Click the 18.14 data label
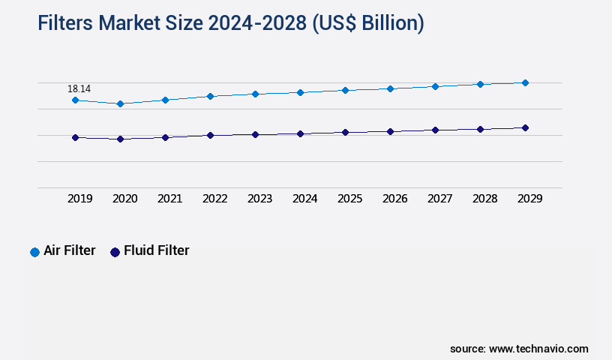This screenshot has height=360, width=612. tap(79, 88)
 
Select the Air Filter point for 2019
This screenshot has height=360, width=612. tap(75, 100)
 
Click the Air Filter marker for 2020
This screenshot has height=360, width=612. tap(120, 103)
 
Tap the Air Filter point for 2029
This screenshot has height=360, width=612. tap(525, 82)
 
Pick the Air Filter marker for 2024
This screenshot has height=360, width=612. tap(300, 92)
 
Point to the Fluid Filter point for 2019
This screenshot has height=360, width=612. tap(75, 137)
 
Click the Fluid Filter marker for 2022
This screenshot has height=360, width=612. tap(210, 135)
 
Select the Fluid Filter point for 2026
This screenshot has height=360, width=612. tap(390, 131)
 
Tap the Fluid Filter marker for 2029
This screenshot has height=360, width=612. tap(525, 127)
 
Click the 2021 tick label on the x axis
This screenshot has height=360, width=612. tap(169, 199)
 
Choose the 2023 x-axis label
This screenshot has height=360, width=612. tap(259, 199)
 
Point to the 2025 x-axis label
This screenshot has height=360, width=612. tap(349, 199)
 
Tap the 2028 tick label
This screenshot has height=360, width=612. tap(484, 199)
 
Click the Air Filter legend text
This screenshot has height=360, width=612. tap(70, 250)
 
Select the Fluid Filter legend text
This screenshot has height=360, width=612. tap(156, 250)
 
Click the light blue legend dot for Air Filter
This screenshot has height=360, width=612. tap(34, 252)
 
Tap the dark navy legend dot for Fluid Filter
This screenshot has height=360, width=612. tap(115, 252)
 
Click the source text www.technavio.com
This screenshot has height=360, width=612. tap(538, 349)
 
